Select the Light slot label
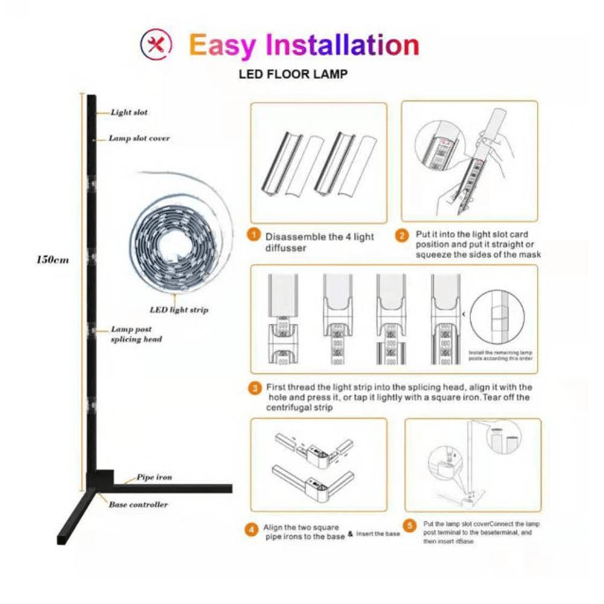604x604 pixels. [129, 112]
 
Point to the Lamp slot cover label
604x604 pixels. [139, 138]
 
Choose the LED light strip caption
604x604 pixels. [179, 310]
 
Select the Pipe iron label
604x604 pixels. [154, 477]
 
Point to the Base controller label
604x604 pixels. [138, 504]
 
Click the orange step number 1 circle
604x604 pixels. [255, 236]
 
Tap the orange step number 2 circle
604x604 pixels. [402, 236]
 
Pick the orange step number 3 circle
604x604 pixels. [255, 388]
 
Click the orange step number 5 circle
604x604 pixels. [410, 525]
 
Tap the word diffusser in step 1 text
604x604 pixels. [286, 248]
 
